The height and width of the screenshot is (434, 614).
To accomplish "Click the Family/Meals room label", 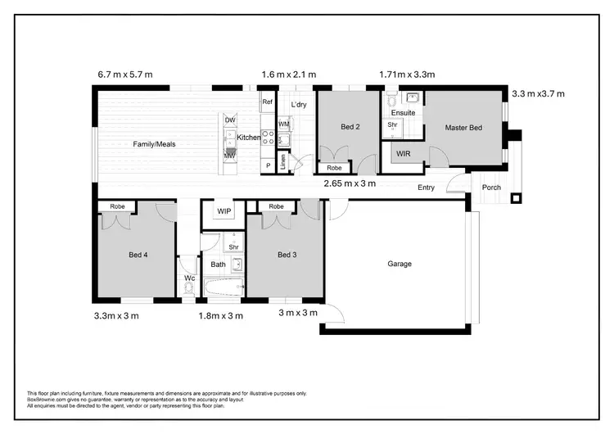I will pyautogui.click(x=155, y=144).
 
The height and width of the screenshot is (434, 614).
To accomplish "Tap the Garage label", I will pyautogui.click(x=400, y=264).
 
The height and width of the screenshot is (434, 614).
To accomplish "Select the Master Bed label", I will pyautogui.click(x=463, y=128).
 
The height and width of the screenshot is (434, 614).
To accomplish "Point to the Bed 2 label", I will pyautogui.click(x=351, y=127).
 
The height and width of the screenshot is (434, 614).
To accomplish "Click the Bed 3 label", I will pyautogui.click(x=287, y=255).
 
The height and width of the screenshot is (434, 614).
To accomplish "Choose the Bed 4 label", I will pyautogui.click(x=138, y=255).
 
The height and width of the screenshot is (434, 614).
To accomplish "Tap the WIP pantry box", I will pyautogui.click(x=224, y=211).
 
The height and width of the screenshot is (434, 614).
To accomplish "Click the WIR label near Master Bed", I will pyautogui.click(x=403, y=153).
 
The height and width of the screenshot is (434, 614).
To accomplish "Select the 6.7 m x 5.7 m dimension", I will pyautogui.click(x=124, y=75).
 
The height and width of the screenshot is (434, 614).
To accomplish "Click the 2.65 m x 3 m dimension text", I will pyautogui.click(x=350, y=183).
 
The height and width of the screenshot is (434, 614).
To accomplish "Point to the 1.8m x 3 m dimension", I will pyautogui.click(x=222, y=315).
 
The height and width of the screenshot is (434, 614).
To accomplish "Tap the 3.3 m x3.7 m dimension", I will pyautogui.click(x=539, y=94).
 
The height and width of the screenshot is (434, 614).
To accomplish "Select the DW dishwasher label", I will pyautogui.click(x=229, y=120).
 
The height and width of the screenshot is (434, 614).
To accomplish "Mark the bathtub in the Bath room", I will pyautogui.click(x=223, y=287).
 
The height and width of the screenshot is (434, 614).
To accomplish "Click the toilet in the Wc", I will pyautogui.click(x=188, y=288).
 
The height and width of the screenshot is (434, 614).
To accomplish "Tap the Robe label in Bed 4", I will pyautogui.click(x=117, y=207).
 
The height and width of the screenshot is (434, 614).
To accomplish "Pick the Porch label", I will pyautogui.click(x=491, y=188).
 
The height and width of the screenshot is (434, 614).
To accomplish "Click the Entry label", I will pyautogui.click(x=426, y=188).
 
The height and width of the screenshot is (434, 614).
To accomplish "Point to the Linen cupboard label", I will pyautogui.click(x=283, y=161).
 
